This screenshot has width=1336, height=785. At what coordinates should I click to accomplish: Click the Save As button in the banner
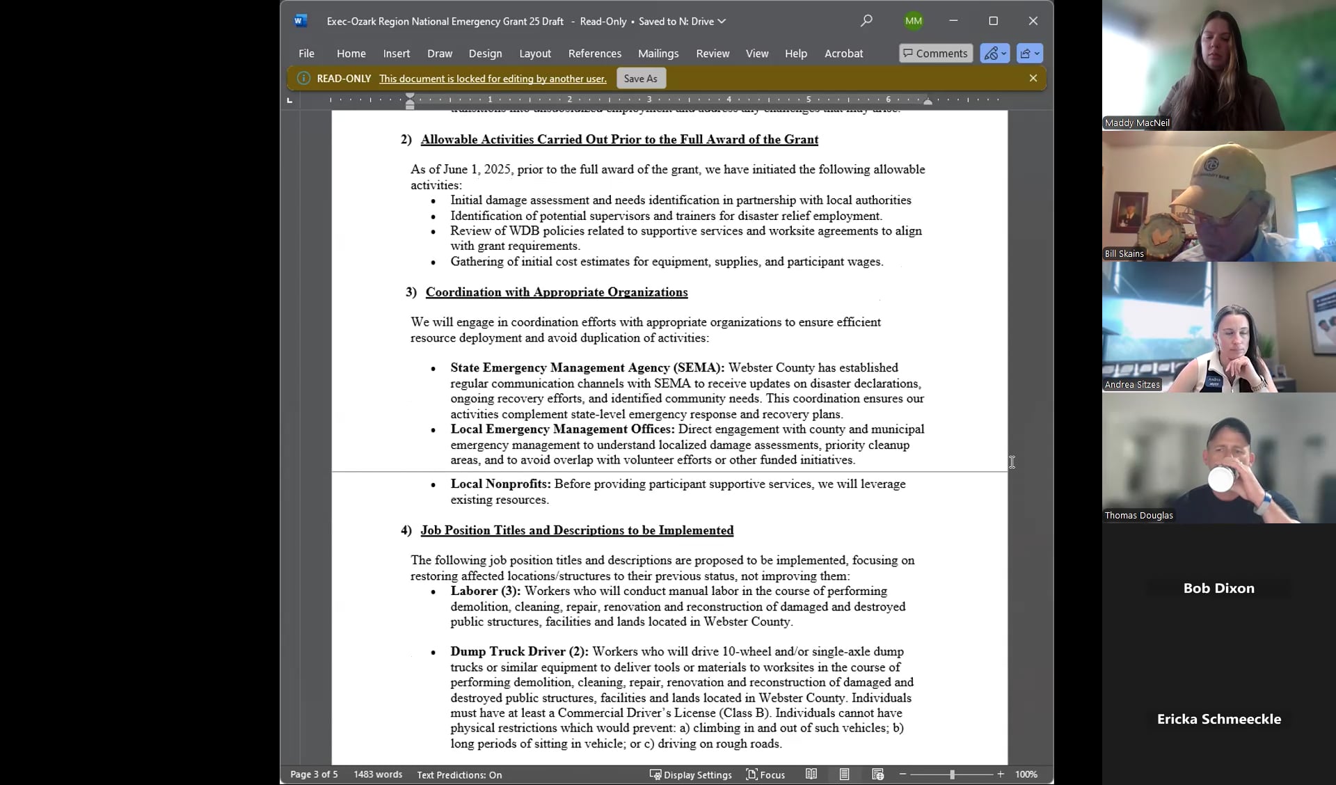point(640,79)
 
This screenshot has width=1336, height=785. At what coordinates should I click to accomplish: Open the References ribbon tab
point(594,54)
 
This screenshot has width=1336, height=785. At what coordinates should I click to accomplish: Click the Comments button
point(935,54)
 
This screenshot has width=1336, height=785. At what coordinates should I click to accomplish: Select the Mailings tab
point(658,54)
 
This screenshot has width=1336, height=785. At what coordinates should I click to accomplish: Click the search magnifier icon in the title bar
point(866,21)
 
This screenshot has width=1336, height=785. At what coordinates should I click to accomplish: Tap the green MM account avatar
point(914,21)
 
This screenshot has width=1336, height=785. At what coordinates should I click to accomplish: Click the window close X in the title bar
point(1033,21)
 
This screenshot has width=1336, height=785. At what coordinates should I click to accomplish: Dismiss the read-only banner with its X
point(1033,79)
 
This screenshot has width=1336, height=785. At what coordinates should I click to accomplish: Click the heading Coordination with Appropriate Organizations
point(556,292)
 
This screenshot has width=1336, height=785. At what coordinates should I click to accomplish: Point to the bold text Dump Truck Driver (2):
point(519,652)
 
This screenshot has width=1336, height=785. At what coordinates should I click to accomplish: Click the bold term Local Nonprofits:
point(500,484)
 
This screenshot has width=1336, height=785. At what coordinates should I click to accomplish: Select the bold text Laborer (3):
point(485,592)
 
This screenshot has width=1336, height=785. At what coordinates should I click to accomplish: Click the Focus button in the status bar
point(765,775)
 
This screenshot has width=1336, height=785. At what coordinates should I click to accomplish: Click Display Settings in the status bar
point(690,775)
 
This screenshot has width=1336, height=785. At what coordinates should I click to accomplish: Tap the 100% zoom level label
point(1026,775)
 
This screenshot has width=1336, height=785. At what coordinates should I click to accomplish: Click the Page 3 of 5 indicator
point(314,775)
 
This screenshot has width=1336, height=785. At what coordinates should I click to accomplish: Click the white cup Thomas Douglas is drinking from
point(1220,479)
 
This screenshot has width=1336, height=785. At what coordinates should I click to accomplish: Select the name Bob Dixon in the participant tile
point(1218,588)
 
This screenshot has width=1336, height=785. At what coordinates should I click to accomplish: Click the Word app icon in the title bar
point(300,21)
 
